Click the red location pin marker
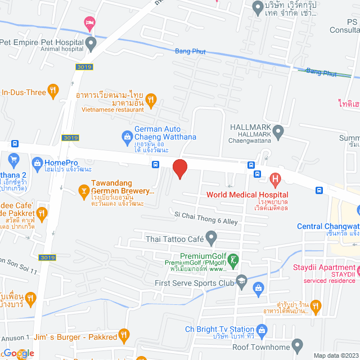tap(179, 169)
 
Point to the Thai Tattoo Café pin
tap(211, 238)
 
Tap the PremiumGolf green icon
tap(235, 259)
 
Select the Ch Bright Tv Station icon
tap(261, 330)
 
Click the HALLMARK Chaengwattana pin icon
tap(277, 133)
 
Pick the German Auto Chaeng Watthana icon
tap(127, 136)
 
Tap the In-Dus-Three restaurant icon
tap(53, 90)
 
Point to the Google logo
tap(18, 353)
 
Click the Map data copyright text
tap(335, 355)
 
